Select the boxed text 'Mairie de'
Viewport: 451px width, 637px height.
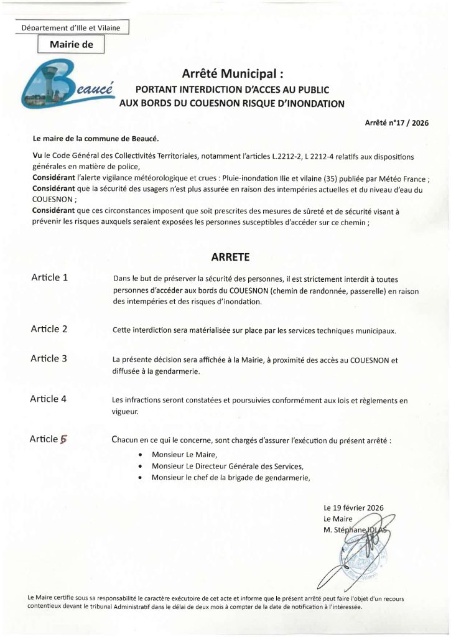[71, 44]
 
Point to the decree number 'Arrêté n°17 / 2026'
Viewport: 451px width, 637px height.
[396, 123]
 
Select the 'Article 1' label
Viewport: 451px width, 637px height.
[49, 277]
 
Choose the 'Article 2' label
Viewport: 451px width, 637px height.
[49, 329]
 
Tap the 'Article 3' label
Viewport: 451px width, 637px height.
[49, 359]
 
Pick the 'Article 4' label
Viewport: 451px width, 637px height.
[49, 399]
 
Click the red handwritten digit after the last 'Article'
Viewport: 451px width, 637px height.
[63, 439]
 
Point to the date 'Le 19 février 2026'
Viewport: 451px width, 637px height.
[353, 508]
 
